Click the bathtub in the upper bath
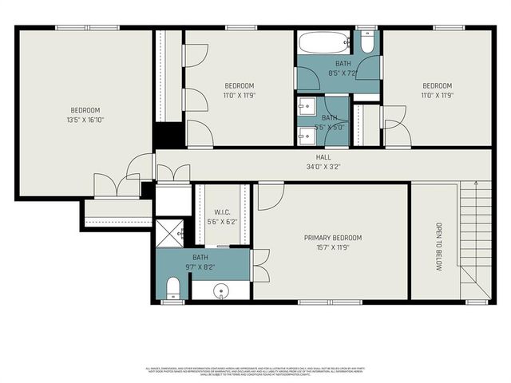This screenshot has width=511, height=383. [324, 42]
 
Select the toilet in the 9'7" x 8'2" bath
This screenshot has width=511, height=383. [172, 288]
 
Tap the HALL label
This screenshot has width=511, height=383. [323, 158]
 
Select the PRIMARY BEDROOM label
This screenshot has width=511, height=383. [332, 238]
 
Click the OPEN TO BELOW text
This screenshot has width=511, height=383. [438, 247]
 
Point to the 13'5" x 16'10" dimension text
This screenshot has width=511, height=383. [85, 120]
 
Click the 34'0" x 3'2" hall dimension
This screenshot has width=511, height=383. [323, 168]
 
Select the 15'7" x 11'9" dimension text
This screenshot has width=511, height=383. [332, 247]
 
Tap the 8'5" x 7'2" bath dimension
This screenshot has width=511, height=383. [342, 73]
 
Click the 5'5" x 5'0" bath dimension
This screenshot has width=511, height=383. [329, 127]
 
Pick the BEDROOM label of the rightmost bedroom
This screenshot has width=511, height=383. [437, 86]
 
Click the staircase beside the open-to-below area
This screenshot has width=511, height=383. [474, 231]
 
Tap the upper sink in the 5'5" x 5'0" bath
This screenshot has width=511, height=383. [306, 105]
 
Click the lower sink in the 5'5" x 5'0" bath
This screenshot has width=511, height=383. [306, 135]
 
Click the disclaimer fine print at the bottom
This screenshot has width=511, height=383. [255, 371]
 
